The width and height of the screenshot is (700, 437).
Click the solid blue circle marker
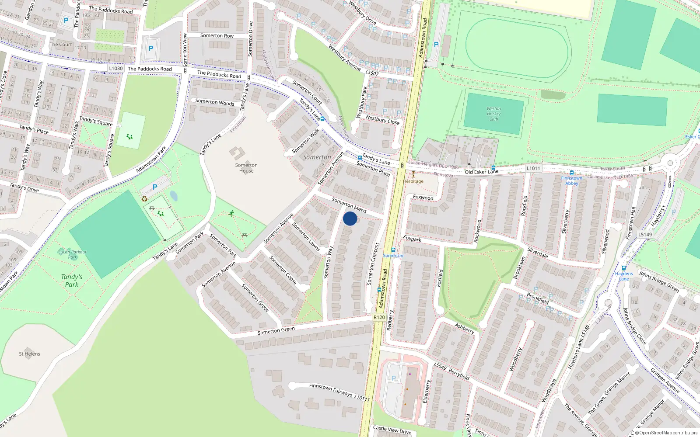pos(350,218)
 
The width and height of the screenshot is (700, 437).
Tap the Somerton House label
pos(246,168)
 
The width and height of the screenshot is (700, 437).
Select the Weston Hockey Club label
pos(493,114)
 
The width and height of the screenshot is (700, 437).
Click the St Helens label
pos(29,354)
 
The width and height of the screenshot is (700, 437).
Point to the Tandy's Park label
pos(72,281)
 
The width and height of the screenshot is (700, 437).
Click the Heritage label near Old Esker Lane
pos(413,181)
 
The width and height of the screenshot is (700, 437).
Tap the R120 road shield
pos(379,317)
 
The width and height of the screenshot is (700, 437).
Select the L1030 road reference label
pos(116,68)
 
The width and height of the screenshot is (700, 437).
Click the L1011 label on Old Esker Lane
pos(533,168)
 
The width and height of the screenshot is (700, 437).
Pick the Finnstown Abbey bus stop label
pos(571,180)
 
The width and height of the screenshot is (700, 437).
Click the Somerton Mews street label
pos(349,205)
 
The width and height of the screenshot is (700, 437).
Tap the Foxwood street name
pos(423,198)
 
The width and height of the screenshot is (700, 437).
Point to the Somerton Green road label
pos(276,331)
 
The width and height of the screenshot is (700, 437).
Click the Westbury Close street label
pos(382,120)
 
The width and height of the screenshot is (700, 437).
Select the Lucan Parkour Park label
pos(72,254)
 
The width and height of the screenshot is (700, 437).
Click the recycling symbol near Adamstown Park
pos(144,199)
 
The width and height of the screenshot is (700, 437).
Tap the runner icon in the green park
pos(231,213)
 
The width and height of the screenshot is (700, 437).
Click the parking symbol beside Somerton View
pos(151,49)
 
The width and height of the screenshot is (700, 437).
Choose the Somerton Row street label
pos(217,36)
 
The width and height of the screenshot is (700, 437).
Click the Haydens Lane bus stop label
pos(624,276)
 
